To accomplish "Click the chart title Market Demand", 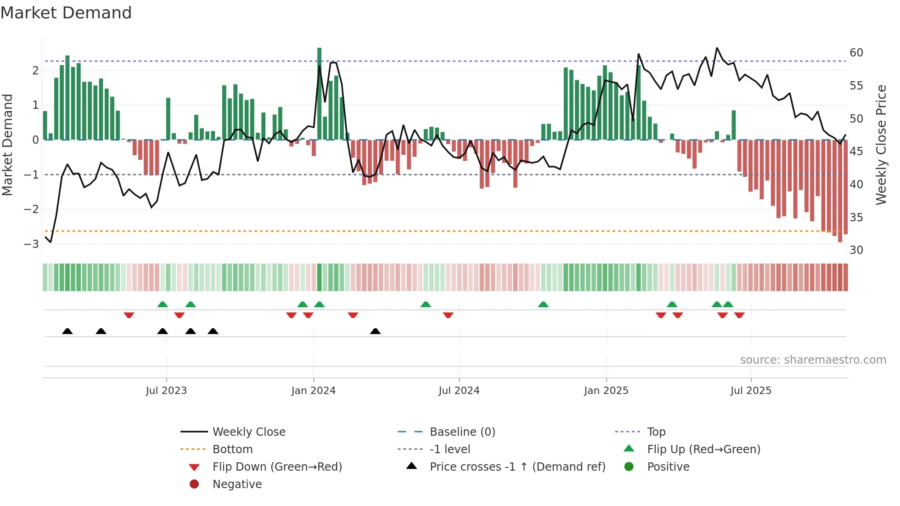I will (66, 12).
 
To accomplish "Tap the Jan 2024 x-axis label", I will (313, 390).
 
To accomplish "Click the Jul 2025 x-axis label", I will (751, 390).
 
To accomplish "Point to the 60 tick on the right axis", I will (856, 52).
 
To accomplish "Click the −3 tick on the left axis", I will (31, 244).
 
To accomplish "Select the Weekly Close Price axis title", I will (881, 145).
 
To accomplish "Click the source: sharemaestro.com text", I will (813, 360).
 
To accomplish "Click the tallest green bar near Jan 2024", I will (319, 92).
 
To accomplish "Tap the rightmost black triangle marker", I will (375, 331).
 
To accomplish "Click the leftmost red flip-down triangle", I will (129, 315).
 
